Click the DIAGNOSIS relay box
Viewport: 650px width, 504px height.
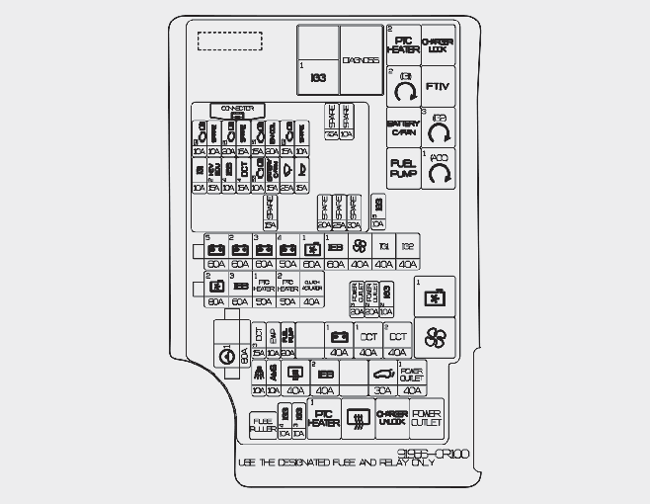(361, 59)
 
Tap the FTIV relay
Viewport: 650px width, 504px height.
(438, 86)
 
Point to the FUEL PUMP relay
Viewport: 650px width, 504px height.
(402, 168)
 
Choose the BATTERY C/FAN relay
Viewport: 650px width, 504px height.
(402, 127)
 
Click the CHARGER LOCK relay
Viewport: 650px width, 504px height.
(438, 44)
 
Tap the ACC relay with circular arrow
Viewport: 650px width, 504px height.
(438, 169)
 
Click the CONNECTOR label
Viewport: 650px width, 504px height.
(237, 107)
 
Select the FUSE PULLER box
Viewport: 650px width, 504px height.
(263, 426)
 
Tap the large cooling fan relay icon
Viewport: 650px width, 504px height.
(436, 339)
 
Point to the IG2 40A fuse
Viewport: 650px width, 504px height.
(408, 252)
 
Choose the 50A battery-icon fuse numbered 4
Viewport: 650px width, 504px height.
(287, 252)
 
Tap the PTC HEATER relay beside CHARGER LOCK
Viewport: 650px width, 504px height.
(403, 44)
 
